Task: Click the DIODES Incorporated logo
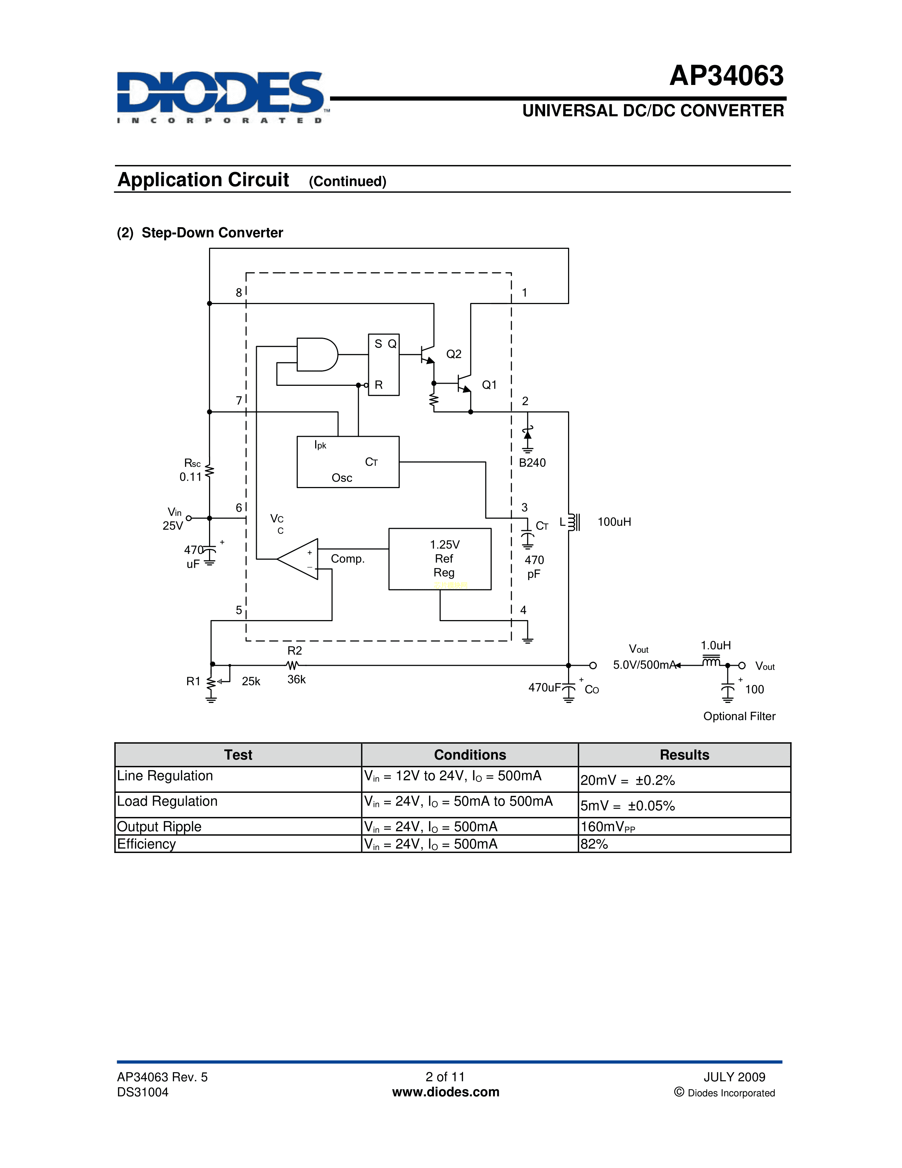tap(220, 96)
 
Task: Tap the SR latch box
tap(384, 365)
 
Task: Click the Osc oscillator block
tap(347, 462)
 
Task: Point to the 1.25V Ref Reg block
tap(439, 559)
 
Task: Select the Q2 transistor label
tap(454, 354)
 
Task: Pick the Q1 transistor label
tap(489, 385)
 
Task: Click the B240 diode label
tap(532, 463)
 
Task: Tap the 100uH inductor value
tap(614, 522)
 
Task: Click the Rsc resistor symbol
tap(209, 471)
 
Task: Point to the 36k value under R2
tap(296, 679)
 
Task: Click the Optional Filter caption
tap(739, 716)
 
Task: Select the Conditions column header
tap(470, 755)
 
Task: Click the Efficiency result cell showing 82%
tap(594, 844)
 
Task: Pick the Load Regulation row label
tap(167, 801)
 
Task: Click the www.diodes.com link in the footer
tap(446, 1092)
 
